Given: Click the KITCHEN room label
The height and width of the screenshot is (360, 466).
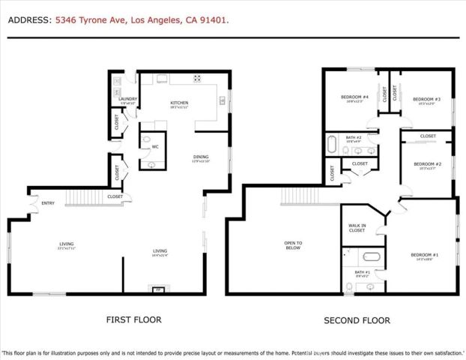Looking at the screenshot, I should (x=178, y=103).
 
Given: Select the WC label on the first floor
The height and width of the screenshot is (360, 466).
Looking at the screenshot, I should (x=155, y=146).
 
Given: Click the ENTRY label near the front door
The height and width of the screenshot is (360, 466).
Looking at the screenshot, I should (x=48, y=202).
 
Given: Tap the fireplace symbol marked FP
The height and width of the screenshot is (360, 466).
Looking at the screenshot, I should (x=158, y=288).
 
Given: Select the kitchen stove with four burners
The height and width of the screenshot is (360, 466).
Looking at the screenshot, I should (x=198, y=77).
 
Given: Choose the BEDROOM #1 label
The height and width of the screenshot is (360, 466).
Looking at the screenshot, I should (x=425, y=256).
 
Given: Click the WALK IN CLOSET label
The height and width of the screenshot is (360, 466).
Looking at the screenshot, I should (x=357, y=228).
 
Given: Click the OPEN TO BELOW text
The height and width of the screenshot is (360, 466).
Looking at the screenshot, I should (x=293, y=244).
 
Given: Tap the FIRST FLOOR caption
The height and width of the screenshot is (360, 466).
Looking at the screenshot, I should (x=133, y=319).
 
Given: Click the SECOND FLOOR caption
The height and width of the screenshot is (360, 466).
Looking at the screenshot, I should (x=357, y=320).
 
